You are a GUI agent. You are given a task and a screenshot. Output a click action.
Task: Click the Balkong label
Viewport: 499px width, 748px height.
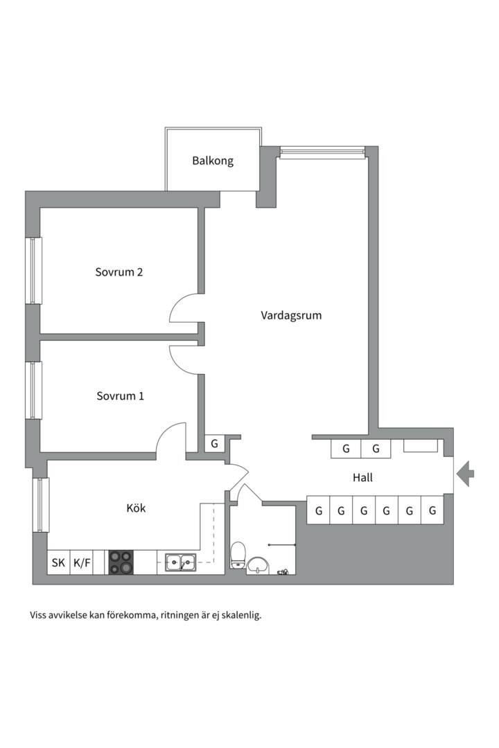tap(213, 161)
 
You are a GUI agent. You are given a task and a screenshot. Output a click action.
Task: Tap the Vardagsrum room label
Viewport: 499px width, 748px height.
tap(291, 315)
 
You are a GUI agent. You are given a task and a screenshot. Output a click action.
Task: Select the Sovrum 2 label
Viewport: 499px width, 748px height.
tap(119, 272)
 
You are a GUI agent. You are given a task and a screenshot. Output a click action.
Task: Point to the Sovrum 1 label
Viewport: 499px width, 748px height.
tap(120, 396)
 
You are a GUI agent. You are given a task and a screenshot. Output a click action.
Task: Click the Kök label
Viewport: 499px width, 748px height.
tap(136, 508)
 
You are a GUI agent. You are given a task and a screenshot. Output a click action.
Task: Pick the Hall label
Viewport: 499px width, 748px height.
tap(362, 478)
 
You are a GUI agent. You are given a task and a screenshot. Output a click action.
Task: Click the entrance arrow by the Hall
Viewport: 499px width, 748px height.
tap(465, 474)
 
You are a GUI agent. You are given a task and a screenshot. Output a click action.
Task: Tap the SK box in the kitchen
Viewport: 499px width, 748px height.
tap(58, 563)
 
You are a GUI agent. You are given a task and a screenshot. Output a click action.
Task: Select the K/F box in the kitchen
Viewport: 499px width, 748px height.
tap(82, 563)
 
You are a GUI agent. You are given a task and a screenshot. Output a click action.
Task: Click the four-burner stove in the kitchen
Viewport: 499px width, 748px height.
tap(121, 562)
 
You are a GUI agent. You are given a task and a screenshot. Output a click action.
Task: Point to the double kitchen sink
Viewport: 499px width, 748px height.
tap(180, 562)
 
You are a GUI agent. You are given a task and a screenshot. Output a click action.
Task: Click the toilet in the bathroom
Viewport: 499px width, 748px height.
tap(238, 555)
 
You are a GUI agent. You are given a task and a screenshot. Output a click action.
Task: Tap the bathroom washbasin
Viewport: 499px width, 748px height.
tap(259, 565)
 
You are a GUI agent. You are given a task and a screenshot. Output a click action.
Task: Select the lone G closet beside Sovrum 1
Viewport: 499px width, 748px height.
tap(214, 443)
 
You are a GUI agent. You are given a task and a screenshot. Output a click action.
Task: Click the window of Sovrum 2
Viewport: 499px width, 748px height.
tap(33, 271)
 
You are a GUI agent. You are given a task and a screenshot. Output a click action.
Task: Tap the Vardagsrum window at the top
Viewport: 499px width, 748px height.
tap(322, 152)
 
